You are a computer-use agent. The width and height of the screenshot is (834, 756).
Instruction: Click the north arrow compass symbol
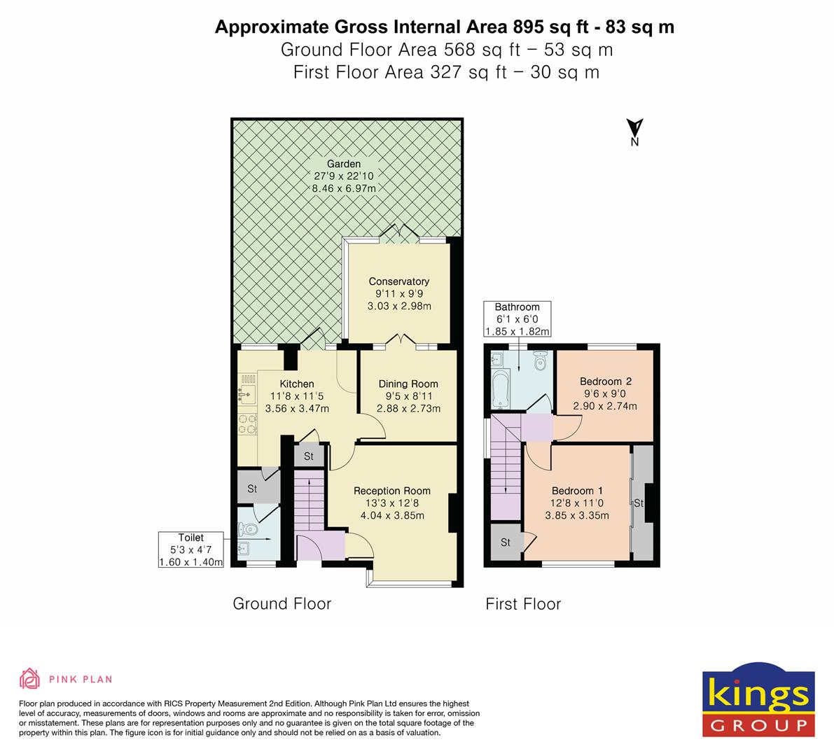tap(634, 131)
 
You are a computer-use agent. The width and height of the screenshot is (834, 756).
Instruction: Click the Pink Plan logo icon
tap(29, 678)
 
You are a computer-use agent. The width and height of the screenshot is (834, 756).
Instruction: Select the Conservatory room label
tap(399, 281)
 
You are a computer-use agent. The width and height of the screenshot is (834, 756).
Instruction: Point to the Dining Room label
tap(408, 384)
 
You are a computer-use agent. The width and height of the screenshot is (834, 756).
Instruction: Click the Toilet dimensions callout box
tap(190, 550)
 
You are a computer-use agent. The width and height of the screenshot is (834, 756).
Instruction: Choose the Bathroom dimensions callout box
tap(517, 319)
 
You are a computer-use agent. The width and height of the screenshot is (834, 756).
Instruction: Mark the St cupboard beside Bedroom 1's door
tap(506, 542)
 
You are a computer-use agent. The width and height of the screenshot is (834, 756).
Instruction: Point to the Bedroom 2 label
tap(606, 381)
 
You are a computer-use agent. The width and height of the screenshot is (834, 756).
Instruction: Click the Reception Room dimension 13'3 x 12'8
tap(391, 503)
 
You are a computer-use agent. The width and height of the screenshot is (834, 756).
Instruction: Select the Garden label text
tap(344, 164)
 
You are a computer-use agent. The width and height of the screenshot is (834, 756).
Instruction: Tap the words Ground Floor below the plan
tap(282, 603)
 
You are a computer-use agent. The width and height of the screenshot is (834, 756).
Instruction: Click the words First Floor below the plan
tap(523, 603)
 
